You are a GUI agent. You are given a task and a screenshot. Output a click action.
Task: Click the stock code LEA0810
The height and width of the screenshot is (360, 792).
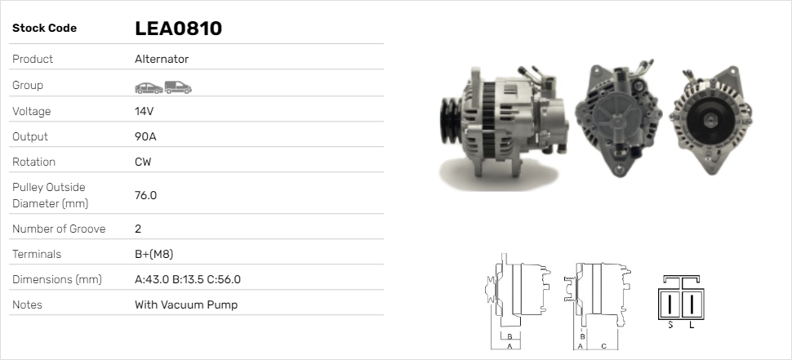178,29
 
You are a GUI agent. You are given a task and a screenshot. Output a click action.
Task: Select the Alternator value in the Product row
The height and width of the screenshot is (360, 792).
162,59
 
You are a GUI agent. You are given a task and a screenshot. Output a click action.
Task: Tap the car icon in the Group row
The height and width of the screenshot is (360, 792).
149,88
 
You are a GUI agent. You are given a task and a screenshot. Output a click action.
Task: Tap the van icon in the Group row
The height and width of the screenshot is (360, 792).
178,87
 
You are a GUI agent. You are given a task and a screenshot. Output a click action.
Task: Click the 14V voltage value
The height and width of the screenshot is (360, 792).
144,111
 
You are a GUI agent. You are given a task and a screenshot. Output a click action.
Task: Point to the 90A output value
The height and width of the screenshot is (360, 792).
145,137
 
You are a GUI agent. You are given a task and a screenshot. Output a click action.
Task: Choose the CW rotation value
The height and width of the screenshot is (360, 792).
143,162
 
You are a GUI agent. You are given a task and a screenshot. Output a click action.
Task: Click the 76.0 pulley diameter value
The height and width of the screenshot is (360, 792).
145,195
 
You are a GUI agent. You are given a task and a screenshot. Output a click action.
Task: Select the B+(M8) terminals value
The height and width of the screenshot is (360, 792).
154,254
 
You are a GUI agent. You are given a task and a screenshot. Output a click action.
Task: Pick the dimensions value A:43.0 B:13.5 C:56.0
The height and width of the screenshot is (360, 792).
188,279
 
